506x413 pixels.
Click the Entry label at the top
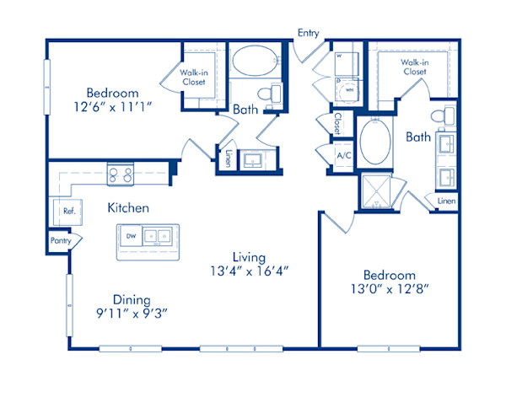[307, 33]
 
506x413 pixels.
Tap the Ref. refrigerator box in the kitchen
[67, 211]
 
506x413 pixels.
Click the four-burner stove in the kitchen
[121, 174]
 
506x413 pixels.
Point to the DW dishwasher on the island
[130, 237]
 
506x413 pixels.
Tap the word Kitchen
[128, 207]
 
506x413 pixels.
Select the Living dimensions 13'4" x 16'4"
[250, 272]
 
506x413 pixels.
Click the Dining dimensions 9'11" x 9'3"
[132, 314]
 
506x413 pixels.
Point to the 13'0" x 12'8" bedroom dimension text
[389, 291]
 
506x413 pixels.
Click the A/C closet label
[343, 156]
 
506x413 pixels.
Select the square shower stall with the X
[376, 191]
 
